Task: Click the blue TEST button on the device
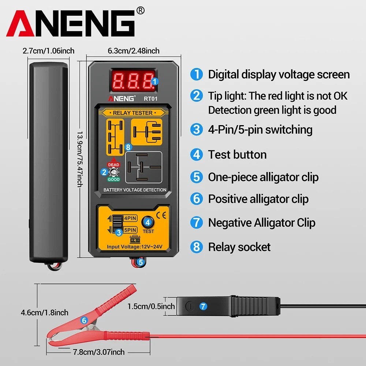[x=148, y=222]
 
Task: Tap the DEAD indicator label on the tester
[x=113, y=165]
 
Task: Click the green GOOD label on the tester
[x=113, y=180]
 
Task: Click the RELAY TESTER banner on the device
[x=132, y=113]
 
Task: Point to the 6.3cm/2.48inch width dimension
[x=134, y=51]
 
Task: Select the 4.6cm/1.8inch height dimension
[x=45, y=312]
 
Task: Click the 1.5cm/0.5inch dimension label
[x=151, y=306]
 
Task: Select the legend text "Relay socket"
[x=239, y=247]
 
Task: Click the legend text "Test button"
[x=237, y=154]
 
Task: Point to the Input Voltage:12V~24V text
[x=134, y=247]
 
